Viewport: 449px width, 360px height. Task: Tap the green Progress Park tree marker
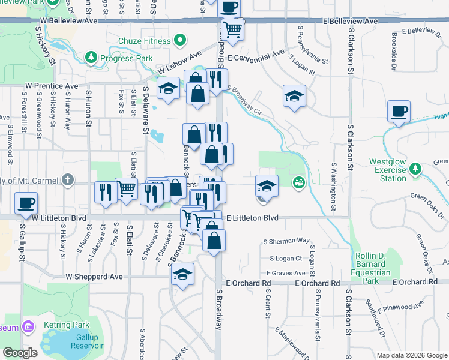coord(91,58)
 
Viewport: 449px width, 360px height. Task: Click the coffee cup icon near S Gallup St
coord(26,203)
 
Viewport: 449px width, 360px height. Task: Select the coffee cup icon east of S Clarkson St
coord(399,111)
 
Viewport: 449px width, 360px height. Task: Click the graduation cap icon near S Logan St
coord(294,95)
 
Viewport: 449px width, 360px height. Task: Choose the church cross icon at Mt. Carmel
coord(68,179)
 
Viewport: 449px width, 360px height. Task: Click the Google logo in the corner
coord(20,353)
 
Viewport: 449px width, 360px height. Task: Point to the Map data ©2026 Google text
coord(412,355)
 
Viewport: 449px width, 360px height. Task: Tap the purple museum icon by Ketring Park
coord(27,326)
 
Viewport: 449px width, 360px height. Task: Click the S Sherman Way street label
coord(286,241)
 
